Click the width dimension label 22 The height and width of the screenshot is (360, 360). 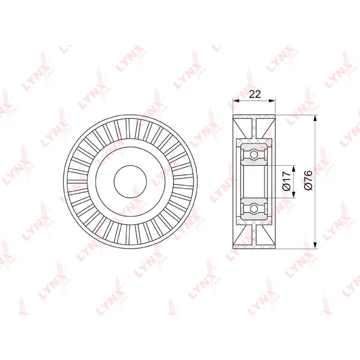tap(255, 94)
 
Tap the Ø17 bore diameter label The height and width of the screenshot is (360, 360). tap(287, 182)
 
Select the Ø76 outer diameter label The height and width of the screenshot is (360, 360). tap(308, 180)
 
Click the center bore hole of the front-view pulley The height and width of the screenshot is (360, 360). tap(130, 182)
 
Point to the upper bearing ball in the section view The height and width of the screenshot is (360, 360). tap(254, 154)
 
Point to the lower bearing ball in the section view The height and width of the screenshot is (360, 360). tap(254, 209)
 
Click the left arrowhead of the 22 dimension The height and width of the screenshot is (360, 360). tap(236, 100)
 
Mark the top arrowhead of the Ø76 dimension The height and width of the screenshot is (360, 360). tap(316, 118)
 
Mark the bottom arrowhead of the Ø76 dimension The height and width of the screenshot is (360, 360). tap(316, 245)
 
